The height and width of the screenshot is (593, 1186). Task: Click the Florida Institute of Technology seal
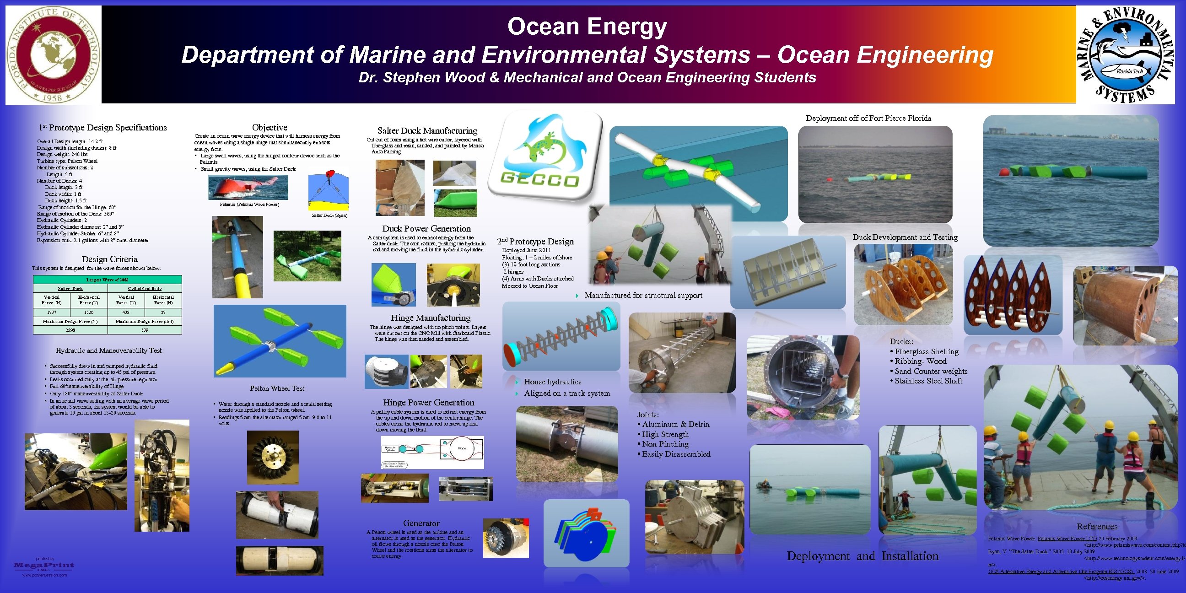(x=53, y=54)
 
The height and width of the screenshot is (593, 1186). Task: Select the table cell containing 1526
(x=89, y=312)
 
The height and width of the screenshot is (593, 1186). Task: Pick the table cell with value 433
(x=126, y=312)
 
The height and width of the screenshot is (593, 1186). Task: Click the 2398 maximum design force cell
(x=70, y=330)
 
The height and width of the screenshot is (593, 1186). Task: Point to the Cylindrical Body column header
(x=145, y=289)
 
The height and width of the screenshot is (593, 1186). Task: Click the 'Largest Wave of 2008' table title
(x=107, y=280)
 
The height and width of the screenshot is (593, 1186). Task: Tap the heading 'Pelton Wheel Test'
(x=277, y=388)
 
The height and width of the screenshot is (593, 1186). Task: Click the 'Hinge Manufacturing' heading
(x=431, y=318)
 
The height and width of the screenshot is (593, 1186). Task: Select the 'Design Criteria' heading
(x=109, y=259)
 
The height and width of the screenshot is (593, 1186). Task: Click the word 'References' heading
(x=1097, y=527)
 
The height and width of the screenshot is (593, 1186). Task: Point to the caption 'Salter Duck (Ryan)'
(x=329, y=216)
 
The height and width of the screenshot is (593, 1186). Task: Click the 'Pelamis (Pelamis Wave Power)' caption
(x=249, y=205)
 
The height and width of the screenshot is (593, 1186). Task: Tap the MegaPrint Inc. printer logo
(x=44, y=566)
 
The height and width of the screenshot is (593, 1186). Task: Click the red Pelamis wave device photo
(x=248, y=188)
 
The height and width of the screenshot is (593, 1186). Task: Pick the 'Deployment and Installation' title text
(x=863, y=556)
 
